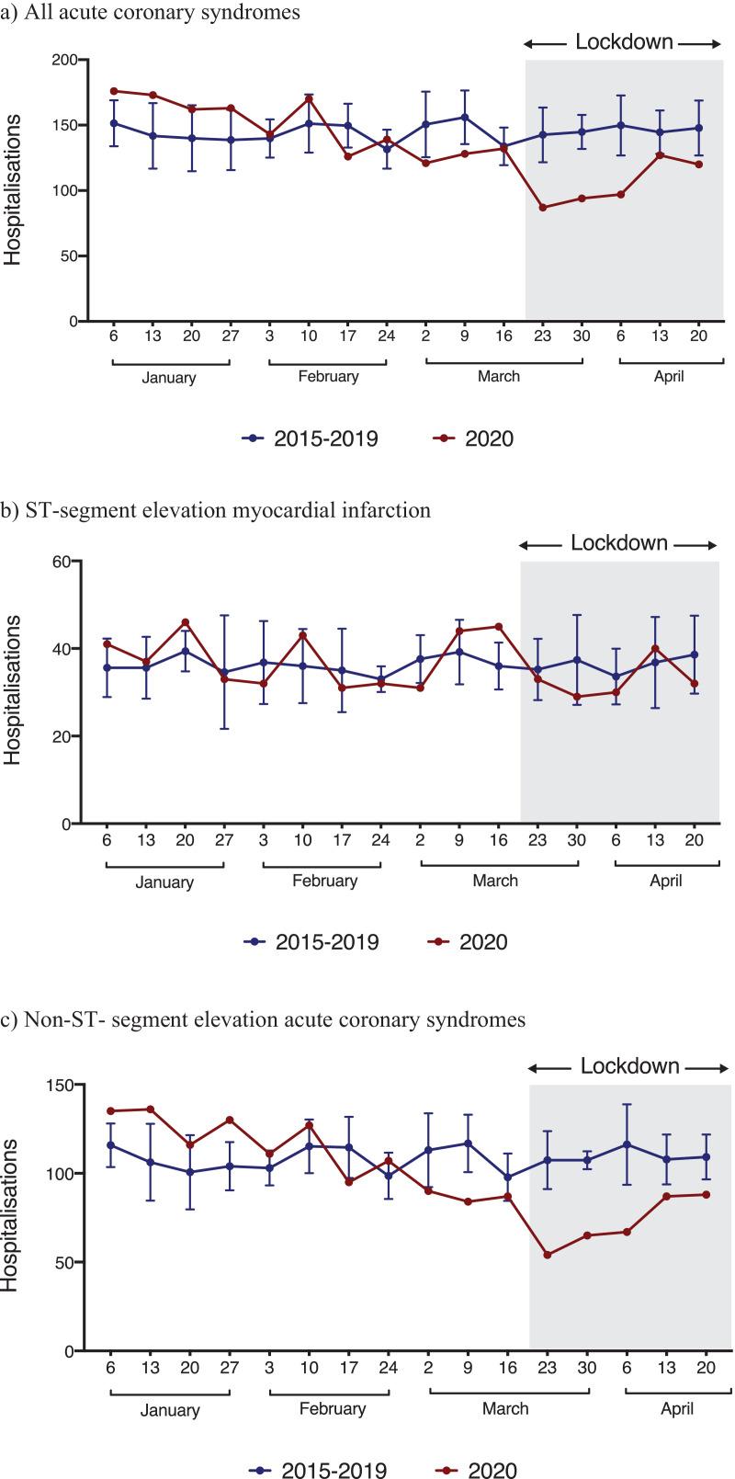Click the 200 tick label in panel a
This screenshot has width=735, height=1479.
pos(65,60)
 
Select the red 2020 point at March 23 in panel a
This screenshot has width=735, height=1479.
pos(543,208)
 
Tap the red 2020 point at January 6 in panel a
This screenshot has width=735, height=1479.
pos(113,91)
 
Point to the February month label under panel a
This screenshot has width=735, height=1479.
pos(328,377)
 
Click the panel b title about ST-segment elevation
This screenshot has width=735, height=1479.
pos(215,510)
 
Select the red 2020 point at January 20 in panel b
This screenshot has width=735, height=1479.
pos(186,622)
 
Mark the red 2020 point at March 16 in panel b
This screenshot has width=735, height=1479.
pos(499,627)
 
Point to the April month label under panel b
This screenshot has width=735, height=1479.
pos(666,880)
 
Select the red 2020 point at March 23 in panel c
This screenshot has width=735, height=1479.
pos(548,1255)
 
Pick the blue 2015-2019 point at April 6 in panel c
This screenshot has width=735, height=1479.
pos(627,1144)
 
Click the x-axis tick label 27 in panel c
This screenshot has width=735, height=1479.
pos(229,1368)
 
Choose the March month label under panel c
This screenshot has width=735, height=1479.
pos(505,1408)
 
